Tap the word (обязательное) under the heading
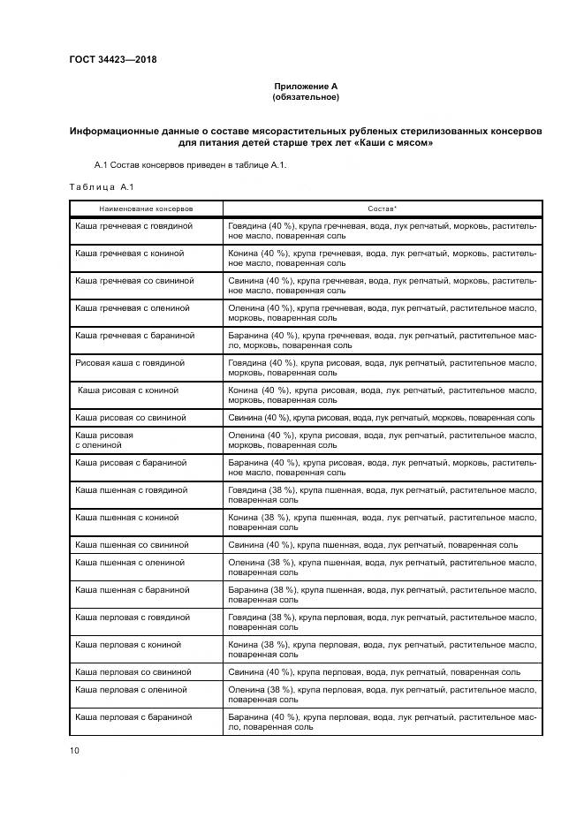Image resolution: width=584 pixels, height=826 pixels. point(306,96)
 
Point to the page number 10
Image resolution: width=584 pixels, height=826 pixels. point(74,750)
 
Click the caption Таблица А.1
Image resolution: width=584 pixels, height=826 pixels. point(100,186)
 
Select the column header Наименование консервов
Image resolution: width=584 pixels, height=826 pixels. point(147,208)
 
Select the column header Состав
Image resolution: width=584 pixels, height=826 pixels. point(382,208)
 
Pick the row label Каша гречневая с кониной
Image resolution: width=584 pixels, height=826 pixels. point(130,254)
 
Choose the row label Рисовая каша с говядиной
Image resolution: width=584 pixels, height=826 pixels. point(130,363)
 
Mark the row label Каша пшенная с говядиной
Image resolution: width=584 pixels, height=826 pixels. point(132,489)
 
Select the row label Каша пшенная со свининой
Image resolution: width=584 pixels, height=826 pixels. point(132,544)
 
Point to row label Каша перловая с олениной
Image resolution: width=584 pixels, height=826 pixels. point(131,689)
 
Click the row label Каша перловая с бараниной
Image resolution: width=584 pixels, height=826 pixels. point(133,716)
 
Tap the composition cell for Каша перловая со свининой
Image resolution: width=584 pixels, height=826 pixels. point(374,672)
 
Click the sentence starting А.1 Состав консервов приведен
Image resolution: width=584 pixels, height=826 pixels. point(190,165)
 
